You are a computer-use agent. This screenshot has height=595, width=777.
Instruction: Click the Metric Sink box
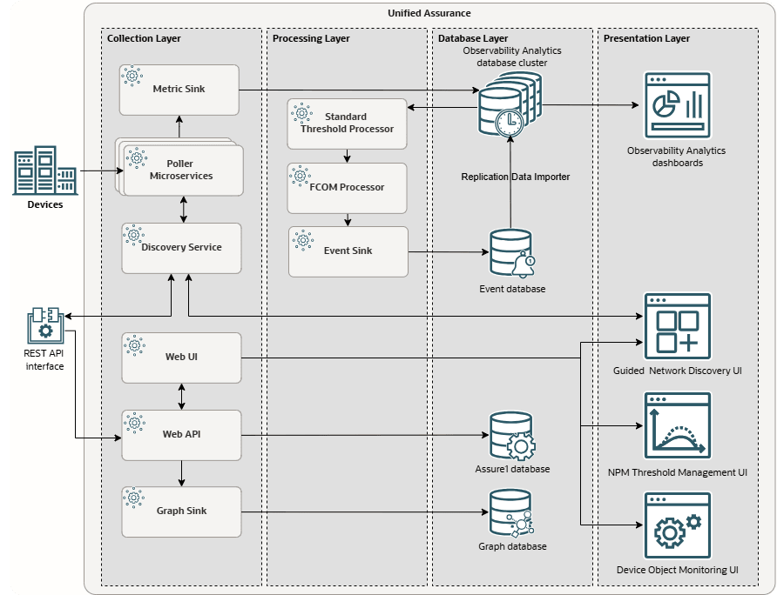coord(179,89)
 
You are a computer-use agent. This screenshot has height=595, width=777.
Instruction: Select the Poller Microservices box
coord(182,170)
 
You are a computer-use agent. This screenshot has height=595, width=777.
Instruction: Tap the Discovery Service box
coord(180,247)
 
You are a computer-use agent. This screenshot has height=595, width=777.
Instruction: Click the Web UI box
coord(181,357)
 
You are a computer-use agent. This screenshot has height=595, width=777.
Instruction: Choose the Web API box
coord(181,434)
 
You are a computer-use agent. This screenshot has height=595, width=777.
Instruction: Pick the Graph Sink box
coord(181,511)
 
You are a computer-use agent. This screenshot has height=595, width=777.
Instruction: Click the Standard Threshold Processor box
coord(347,124)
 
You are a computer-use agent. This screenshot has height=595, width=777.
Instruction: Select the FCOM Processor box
coord(347,187)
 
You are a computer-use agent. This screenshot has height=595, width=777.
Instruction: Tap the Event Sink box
coord(348,251)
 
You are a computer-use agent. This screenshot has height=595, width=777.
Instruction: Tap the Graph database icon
coord(512,513)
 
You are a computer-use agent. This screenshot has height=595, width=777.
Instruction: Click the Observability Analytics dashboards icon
coord(677,105)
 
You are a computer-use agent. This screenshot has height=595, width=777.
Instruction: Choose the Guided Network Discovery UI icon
coord(677,327)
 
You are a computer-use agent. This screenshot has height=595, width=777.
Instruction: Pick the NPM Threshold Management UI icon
coord(677,426)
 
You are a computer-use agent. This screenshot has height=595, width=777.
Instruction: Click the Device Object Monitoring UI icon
coord(677,525)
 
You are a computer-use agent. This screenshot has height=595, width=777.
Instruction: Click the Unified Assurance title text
coord(429,13)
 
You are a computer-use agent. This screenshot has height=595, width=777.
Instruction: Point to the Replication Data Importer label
coord(515,177)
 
